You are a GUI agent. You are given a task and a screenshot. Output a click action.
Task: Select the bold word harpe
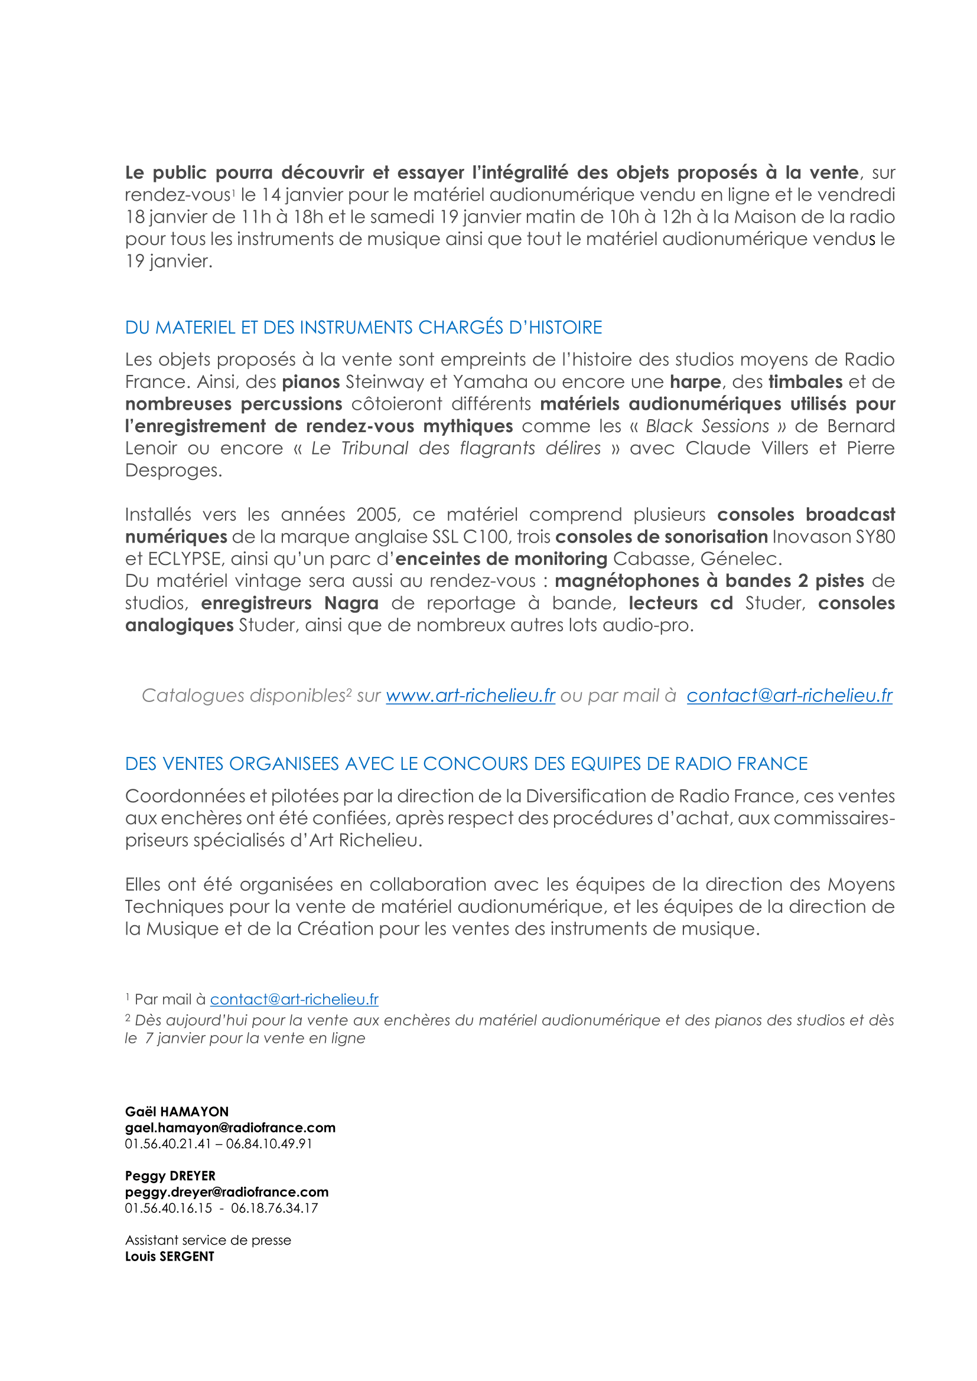[695, 382]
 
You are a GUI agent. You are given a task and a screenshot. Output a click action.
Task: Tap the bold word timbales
[805, 382]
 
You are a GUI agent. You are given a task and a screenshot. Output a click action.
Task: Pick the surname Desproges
[173, 471]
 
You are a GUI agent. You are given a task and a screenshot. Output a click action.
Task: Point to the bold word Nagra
[351, 603]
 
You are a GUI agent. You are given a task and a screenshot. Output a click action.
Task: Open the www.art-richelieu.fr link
[470, 696]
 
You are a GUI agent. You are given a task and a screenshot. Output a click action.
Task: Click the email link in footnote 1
[294, 999]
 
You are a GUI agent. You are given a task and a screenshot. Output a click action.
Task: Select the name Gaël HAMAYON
[177, 1112]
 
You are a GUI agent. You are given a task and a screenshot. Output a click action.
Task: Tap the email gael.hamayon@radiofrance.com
[230, 1128]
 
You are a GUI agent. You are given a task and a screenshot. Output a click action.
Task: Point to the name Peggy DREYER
[170, 1176]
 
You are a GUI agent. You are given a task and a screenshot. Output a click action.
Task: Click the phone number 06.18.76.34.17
[274, 1208]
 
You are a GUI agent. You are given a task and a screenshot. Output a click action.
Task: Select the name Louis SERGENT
[170, 1256]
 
